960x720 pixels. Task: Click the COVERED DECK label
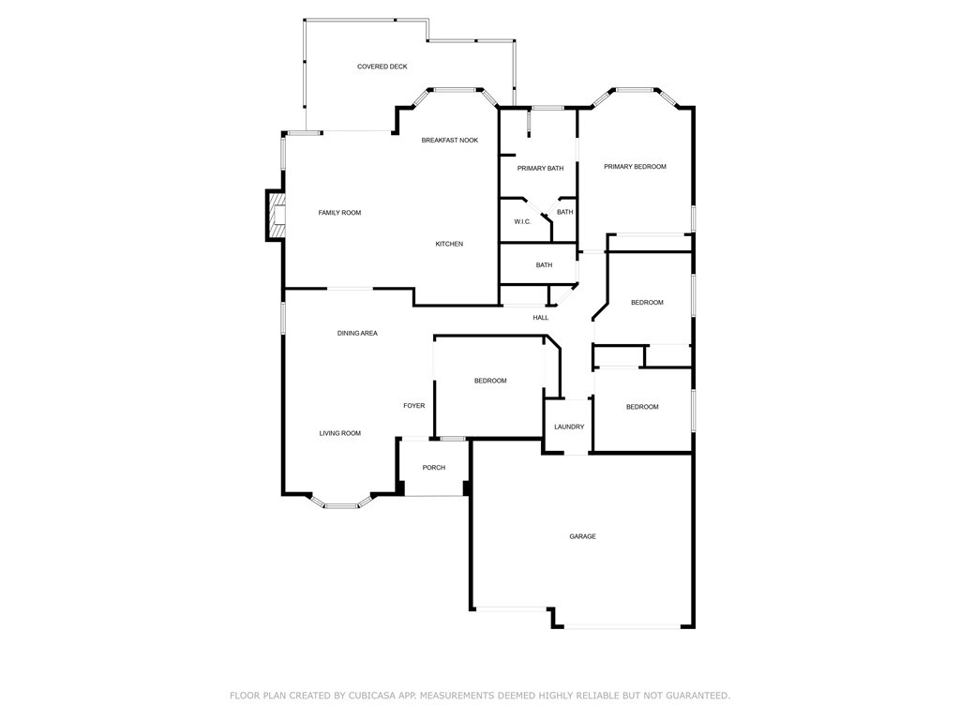point(382,67)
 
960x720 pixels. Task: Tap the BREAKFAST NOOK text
point(450,141)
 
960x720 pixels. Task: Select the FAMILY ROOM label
point(339,213)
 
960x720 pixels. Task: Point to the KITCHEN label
point(449,245)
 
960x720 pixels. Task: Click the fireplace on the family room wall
point(277,216)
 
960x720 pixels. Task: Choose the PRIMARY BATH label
point(541,169)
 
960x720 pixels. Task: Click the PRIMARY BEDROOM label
point(635,167)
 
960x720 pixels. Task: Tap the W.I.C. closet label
point(522,221)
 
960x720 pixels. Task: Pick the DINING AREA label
point(357,334)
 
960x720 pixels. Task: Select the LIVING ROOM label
point(340,433)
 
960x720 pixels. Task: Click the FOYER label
point(413,406)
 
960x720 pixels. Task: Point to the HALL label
point(541,318)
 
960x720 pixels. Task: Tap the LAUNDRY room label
point(569,427)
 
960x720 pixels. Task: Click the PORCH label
point(434,468)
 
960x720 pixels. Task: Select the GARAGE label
point(583,537)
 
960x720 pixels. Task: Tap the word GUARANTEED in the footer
point(697,696)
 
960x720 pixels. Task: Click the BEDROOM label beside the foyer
point(490,381)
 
